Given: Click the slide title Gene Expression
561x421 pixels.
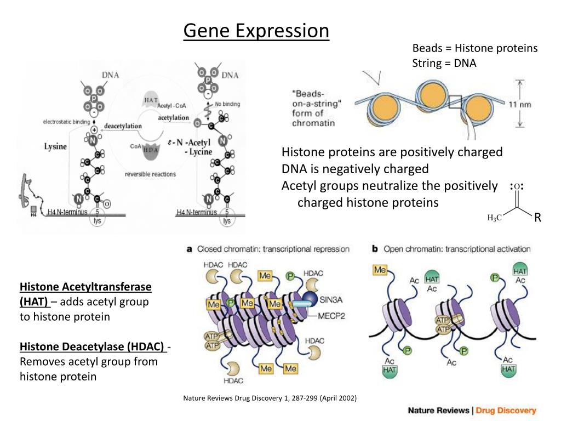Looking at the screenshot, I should click(256, 31).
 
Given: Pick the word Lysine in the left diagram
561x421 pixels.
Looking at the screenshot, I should click(55, 147).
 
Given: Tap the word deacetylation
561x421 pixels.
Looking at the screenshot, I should click(123, 126).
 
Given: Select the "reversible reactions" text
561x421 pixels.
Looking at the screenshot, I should click(150, 174).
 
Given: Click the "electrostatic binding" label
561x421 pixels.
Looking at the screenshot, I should click(67, 122).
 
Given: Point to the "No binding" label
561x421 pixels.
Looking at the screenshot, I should click(227, 104).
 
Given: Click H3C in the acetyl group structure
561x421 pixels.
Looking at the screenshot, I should click(494, 218).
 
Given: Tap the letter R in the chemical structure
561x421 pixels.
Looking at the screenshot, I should click(537, 218).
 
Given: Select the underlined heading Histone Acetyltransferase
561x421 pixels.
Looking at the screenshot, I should click(85, 287).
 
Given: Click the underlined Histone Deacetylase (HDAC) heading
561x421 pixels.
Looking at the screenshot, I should click(92, 346).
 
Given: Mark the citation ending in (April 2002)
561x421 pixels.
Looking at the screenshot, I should click(270, 397).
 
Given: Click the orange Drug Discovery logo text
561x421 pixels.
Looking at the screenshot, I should click(506, 410).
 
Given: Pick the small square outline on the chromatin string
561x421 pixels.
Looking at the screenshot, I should click(455, 102).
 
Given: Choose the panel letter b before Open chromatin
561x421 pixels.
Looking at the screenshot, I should click(375, 249).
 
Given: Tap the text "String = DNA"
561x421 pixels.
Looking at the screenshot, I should click(444, 63).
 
